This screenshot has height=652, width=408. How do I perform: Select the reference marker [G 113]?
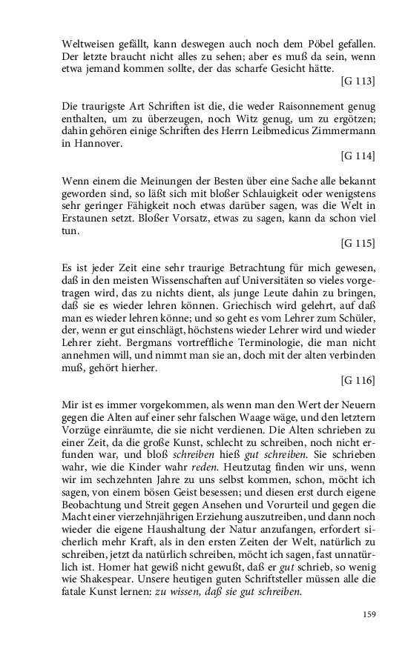[358, 80]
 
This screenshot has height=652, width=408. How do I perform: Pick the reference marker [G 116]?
[358, 380]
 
